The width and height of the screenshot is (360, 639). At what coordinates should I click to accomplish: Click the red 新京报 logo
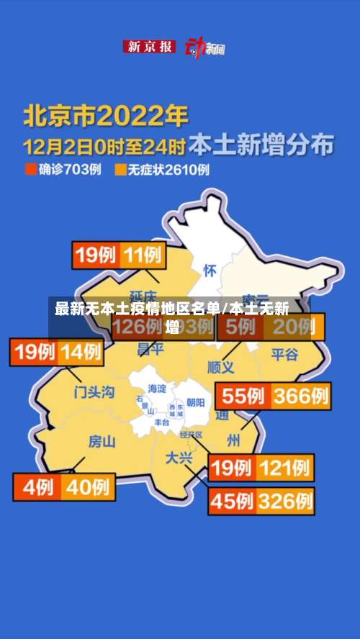149,47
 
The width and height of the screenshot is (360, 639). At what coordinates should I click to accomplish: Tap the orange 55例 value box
243,396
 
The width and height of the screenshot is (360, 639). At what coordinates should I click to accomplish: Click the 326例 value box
286,499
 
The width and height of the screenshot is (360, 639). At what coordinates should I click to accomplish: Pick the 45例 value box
232,499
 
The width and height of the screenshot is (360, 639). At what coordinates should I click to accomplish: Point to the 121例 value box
286,468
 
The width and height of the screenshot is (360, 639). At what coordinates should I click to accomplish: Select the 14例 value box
80,352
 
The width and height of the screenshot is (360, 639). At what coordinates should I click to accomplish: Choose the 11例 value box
143,255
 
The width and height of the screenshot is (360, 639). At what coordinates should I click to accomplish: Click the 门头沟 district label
94,392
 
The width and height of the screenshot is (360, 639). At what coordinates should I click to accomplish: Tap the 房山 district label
102,441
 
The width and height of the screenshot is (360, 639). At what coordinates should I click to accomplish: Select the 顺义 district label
220,367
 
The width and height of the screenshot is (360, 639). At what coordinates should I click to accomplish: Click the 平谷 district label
284,354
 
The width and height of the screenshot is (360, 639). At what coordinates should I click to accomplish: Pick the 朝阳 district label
195,402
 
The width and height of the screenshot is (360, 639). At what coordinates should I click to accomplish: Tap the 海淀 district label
156,389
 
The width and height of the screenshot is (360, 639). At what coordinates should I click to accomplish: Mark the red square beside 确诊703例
30,170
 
